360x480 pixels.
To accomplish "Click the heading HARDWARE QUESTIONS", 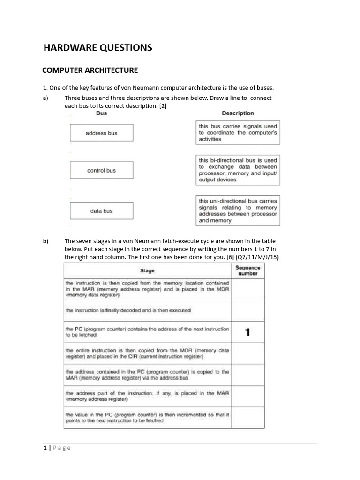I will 97,47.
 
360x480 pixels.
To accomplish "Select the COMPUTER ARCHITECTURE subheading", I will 90,70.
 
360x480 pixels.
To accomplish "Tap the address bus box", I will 101,133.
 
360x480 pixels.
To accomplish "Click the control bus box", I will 101,170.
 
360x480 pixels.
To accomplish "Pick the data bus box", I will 101,211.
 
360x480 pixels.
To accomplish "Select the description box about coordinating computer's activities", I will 238,133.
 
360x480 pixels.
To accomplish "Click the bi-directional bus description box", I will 238,170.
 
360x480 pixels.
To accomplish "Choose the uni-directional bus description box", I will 238,210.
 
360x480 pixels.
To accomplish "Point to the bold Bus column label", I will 101,113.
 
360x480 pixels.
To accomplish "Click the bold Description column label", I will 238,113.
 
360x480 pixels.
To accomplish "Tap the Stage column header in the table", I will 148,270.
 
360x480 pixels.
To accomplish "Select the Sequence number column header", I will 248,270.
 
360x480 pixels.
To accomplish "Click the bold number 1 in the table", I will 247,332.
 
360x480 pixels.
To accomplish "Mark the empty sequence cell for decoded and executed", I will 248,310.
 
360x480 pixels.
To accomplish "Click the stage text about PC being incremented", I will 148,418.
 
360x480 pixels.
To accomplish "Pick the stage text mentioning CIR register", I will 148,353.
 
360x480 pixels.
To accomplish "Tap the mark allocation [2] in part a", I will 162,106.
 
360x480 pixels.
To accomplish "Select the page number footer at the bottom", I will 57,448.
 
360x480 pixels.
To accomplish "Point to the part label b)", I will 46,241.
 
